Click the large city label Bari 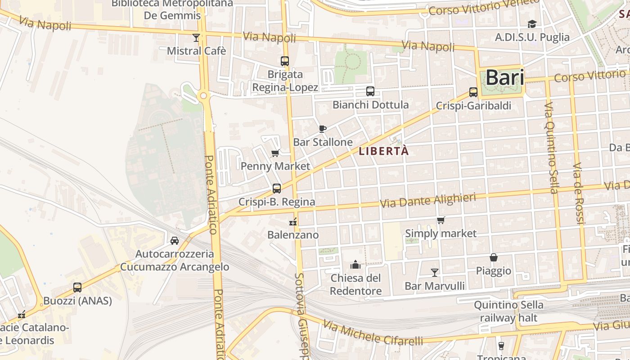(504, 78)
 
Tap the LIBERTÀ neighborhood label (384, 151)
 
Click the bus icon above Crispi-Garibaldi (473, 92)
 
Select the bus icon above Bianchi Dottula (370, 91)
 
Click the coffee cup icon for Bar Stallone (322, 129)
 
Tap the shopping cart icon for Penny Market (275, 153)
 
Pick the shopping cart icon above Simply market (441, 220)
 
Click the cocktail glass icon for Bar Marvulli (434, 272)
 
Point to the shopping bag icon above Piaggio (494, 258)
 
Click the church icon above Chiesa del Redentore (355, 264)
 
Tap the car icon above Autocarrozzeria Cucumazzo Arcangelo (175, 241)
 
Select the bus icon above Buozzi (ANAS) (77, 287)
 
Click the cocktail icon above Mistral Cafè (196, 37)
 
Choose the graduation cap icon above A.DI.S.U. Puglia (532, 24)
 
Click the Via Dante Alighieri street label (428, 200)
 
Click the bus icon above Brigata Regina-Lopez (285, 61)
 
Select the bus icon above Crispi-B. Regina (277, 189)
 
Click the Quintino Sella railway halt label (508, 311)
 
